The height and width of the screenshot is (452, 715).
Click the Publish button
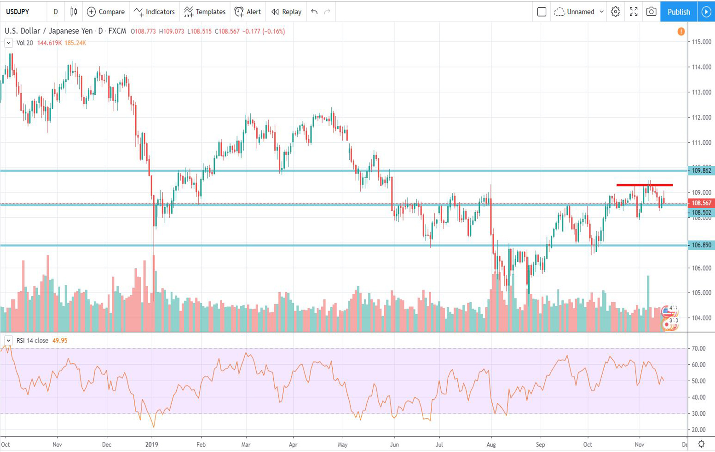pos(679,12)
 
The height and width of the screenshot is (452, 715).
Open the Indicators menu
pos(155,12)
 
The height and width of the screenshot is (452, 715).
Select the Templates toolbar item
pos(205,12)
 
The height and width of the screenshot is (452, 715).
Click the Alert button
pos(248,12)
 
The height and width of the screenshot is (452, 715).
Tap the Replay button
pos(286,12)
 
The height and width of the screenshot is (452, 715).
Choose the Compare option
pos(106,12)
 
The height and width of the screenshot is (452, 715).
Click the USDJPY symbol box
pos(18,12)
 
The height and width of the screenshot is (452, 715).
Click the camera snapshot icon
pos(651,12)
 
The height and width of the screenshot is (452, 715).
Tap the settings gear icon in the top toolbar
pos(616,12)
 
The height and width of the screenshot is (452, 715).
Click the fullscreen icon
pos(634,12)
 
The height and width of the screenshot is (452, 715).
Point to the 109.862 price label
pos(701,171)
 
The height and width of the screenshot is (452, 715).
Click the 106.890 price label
pos(701,245)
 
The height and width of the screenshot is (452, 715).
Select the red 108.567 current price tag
pos(701,203)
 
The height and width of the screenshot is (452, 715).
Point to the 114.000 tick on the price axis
pos(701,67)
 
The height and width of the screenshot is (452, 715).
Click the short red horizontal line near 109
pos(644,185)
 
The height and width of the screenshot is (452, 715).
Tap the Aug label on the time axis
pos(491,445)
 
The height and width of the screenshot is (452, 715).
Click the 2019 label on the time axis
pos(151,445)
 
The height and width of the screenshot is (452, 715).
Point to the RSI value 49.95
pos(60,341)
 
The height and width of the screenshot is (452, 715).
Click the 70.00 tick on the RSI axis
pos(698,349)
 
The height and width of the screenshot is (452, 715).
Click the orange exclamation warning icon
pos(681,32)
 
